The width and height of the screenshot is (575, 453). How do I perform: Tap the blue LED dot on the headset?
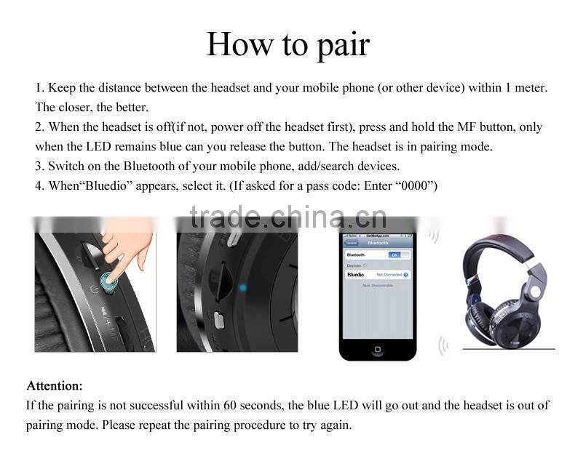click(x=243, y=288)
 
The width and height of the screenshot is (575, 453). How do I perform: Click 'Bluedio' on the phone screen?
click(x=356, y=275)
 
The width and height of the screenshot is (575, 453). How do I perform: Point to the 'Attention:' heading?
click(x=55, y=385)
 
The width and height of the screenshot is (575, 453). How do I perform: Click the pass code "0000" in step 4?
click(x=416, y=185)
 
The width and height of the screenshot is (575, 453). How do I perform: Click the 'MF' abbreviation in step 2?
click(x=466, y=127)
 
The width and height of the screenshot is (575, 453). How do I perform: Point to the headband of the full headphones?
click(x=502, y=248)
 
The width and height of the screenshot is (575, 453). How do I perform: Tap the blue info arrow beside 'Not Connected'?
click(x=405, y=275)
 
